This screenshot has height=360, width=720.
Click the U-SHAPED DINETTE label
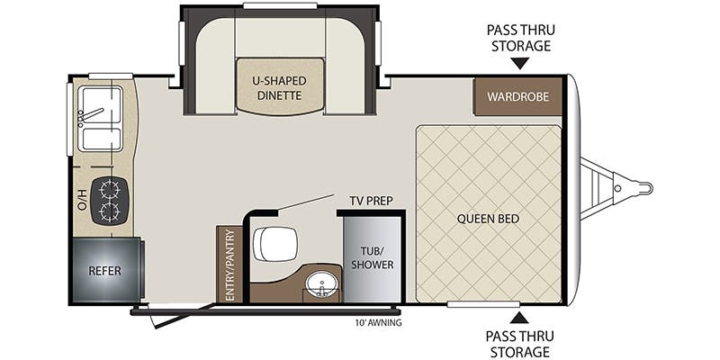click(x=279, y=87)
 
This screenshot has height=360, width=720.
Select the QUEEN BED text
click(x=488, y=218)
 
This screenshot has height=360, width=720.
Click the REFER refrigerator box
click(x=104, y=270)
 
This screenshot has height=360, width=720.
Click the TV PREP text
click(x=371, y=200)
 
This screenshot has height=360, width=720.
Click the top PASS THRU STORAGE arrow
click(x=518, y=64)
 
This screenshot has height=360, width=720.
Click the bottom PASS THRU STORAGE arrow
click(x=518, y=317)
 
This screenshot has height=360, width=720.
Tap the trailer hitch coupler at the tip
click(x=641, y=188)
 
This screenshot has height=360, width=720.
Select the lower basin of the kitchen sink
click(x=100, y=139)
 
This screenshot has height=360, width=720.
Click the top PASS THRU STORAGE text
click(x=518, y=38)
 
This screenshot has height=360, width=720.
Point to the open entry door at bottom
click(x=180, y=318)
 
